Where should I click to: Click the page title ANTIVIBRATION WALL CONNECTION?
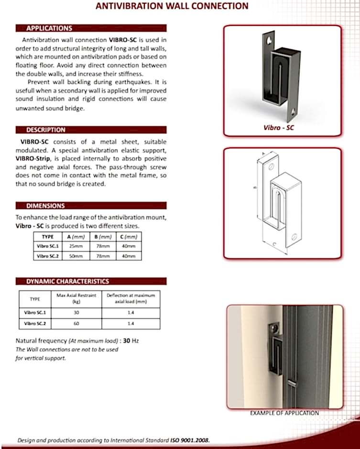point(172,6)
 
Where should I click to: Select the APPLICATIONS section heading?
point(49,28)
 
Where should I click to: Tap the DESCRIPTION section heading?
point(45,130)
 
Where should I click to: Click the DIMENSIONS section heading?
point(45,206)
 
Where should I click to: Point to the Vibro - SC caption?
point(279,128)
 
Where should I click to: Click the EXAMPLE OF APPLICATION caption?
point(284,413)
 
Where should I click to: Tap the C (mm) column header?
point(129,237)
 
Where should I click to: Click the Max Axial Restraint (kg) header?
point(76,298)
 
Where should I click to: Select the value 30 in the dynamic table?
point(76,313)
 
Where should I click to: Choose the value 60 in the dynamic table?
point(76,324)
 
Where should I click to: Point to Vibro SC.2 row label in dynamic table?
point(35,324)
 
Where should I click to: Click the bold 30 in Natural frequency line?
point(127,341)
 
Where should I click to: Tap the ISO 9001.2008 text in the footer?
point(190,440)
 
